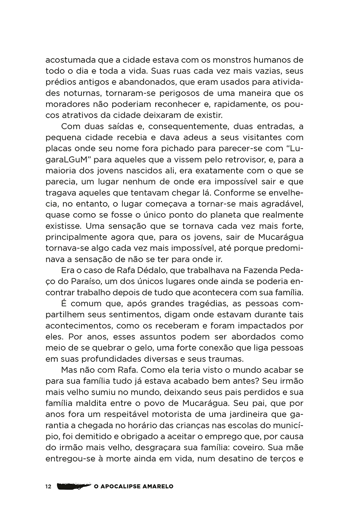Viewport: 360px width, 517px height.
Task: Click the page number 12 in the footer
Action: point(48,486)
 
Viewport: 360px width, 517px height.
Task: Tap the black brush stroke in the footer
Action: point(74,486)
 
